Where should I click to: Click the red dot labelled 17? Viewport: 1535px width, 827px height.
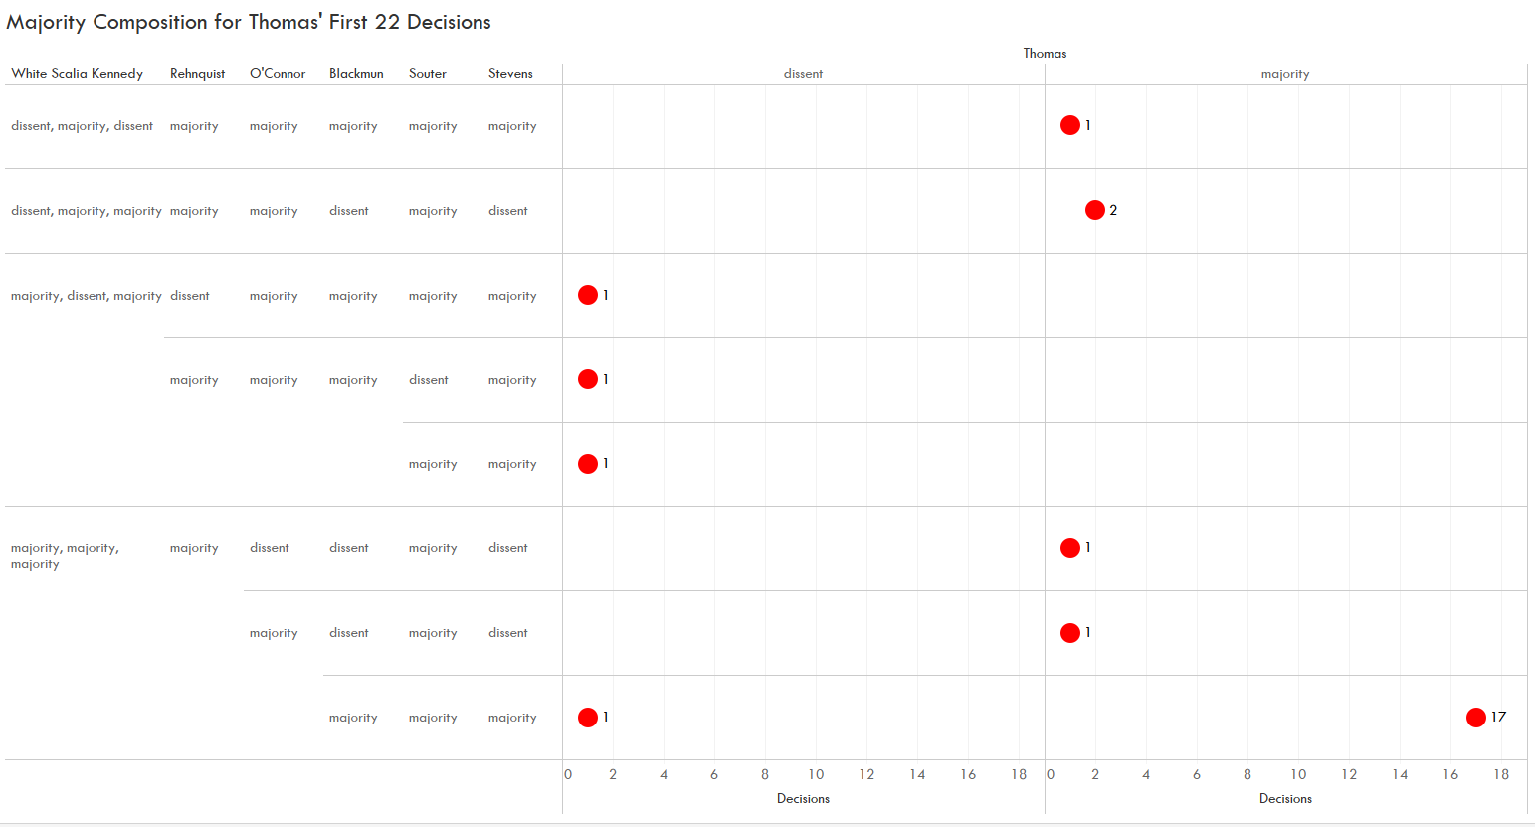click(x=1475, y=718)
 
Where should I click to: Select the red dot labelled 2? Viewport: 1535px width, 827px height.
click(x=1094, y=210)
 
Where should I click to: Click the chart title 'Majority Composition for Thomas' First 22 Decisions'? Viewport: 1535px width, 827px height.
click(x=249, y=22)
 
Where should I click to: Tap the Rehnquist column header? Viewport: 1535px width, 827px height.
click(x=197, y=74)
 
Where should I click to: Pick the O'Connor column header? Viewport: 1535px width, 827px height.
click(x=278, y=74)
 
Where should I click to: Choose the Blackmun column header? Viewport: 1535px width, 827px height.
click(x=356, y=74)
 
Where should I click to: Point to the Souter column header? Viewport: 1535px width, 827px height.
click(x=428, y=74)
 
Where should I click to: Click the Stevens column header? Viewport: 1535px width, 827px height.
click(x=510, y=74)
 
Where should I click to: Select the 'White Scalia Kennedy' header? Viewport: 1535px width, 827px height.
click(x=78, y=74)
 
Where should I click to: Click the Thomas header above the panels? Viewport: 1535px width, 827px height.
click(x=1045, y=54)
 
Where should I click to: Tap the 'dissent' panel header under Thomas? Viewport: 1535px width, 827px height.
click(x=803, y=74)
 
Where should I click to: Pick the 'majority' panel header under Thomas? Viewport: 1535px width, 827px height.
click(x=1285, y=74)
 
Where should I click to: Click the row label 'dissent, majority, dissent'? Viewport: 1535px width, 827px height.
click(x=82, y=126)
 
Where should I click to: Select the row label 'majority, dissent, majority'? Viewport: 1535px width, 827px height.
click(x=86, y=296)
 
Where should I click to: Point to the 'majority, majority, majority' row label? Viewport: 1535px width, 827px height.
click(x=65, y=556)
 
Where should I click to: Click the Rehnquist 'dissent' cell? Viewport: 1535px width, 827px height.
click(x=190, y=296)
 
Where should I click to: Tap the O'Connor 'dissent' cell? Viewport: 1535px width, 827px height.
click(x=270, y=548)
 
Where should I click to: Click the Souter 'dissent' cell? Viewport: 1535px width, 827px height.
click(x=429, y=380)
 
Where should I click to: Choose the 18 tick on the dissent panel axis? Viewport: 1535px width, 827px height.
click(x=1019, y=775)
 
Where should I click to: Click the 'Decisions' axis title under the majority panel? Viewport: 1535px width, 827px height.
click(x=1285, y=799)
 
